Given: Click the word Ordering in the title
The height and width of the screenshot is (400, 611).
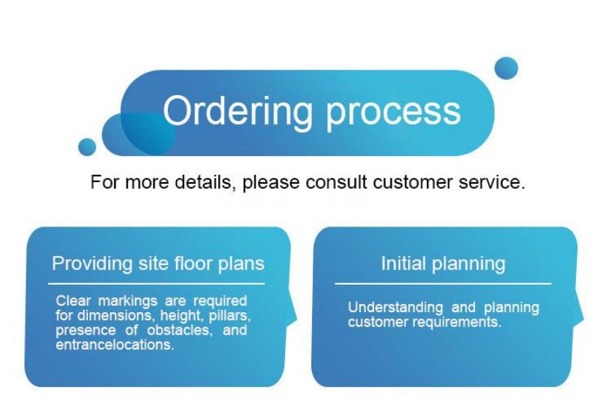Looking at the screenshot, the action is (x=238, y=113).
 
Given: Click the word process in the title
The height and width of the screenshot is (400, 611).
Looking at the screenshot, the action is (x=394, y=115).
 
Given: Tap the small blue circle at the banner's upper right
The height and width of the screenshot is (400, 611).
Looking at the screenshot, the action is (x=506, y=68).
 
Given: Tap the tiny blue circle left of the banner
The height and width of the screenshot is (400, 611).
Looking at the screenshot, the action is (x=87, y=147).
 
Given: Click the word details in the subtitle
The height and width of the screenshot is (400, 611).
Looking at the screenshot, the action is (x=205, y=182).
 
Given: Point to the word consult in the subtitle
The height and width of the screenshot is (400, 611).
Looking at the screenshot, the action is (x=336, y=182).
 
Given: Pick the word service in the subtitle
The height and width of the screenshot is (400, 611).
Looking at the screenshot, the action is (x=492, y=182).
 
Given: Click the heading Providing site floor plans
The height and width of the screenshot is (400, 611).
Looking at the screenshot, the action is (x=159, y=264).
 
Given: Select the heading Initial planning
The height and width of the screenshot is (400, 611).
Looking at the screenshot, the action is (x=443, y=264).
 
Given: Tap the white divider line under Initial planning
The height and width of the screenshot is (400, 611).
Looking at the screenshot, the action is (x=443, y=284).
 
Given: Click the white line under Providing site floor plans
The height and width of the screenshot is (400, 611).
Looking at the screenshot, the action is (x=156, y=284).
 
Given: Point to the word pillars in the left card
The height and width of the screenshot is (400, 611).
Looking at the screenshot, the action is (x=230, y=316).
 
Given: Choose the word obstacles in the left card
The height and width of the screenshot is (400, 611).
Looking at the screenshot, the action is (x=180, y=330).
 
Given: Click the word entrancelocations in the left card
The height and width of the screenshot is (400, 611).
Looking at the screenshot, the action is (x=115, y=345).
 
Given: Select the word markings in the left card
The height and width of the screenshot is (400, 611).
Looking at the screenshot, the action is (x=128, y=301).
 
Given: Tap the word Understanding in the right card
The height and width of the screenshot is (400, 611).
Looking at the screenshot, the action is (x=396, y=308).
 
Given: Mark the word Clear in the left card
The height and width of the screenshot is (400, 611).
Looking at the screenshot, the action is (x=73, y=301).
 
